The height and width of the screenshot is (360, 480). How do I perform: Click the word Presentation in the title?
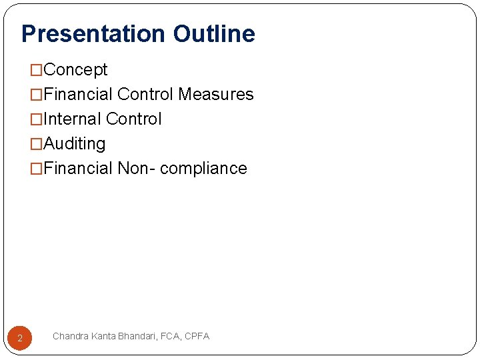pyautogui.click(x=93, y=33)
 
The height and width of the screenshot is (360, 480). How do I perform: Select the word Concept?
pyautogui.click(x=75, y=70)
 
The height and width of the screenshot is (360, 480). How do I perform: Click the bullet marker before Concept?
pyautogui.click(x=37, y=70)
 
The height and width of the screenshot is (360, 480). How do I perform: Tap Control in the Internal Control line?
pyautogui.click(x=133, y=119)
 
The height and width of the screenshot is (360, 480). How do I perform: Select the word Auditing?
pyautogui.click(x=74, y=144)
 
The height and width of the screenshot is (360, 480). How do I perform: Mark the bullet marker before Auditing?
pyautogui.click(x=37, y=144)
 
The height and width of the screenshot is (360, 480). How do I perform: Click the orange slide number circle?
pyautogui.click(x=20, y=338)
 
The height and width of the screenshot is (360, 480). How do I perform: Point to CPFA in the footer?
pyautogui.click(x=197, y=337)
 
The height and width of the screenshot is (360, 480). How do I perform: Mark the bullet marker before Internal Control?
pyautogui.click(x=37, y=119)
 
